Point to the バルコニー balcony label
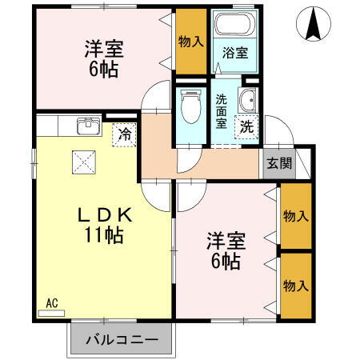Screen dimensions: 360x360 (122, 339)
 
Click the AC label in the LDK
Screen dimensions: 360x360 (52, 302)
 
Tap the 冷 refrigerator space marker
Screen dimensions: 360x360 (125, 134)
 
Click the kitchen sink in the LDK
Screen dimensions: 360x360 (88, 126)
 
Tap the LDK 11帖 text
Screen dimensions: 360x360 (104, 226)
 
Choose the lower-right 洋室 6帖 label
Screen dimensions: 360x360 (226, 250)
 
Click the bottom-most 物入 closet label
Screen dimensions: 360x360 (296, 286)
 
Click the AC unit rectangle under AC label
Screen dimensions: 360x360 (50, 313)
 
